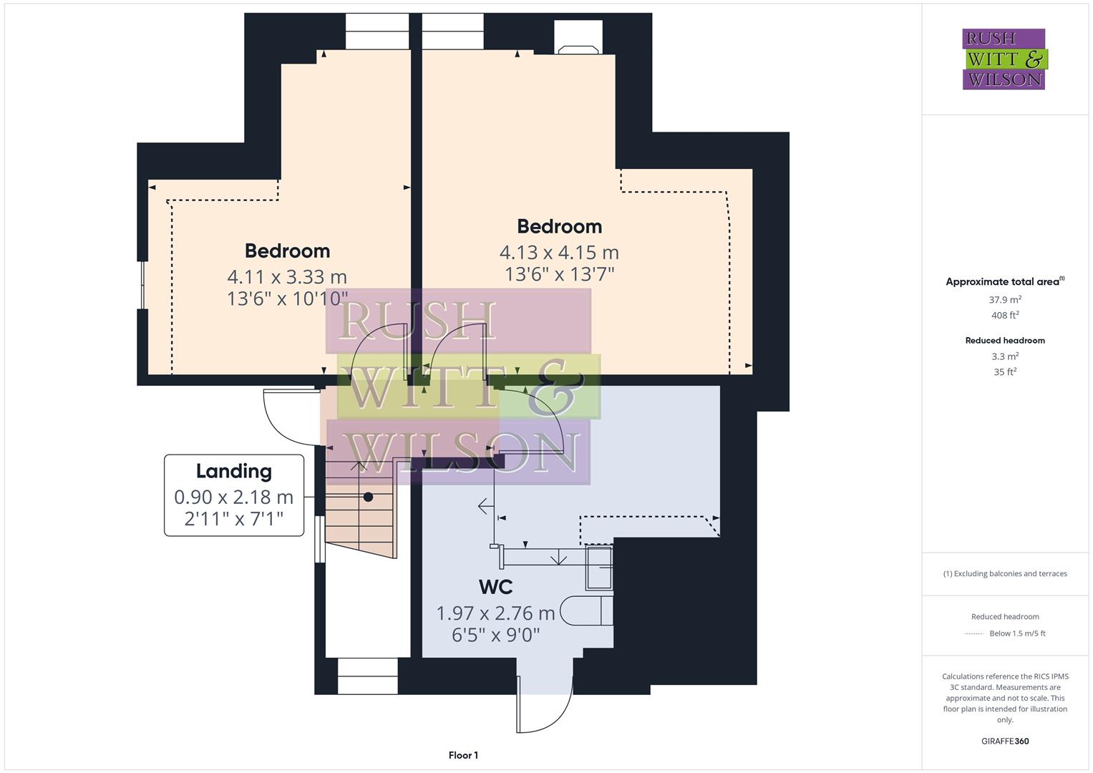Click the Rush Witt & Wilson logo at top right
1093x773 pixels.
(1004, 59)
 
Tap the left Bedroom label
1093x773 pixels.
(287, 251)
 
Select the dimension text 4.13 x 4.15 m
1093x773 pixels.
(559, 253)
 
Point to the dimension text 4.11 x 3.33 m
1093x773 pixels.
(287, 277)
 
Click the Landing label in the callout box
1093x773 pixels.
(234, 471)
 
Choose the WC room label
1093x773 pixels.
(495, 587)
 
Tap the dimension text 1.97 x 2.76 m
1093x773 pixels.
(495, 613)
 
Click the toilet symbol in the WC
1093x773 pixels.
(586, 611)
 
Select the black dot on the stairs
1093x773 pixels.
(368, 497)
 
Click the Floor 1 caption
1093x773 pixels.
(463, 755)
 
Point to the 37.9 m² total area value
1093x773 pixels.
(1005, 300)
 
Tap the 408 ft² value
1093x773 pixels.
(1005, 315)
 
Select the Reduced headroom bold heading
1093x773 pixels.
(1005, 341)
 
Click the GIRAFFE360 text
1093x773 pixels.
(1005, 741)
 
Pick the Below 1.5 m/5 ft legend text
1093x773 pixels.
(1017, 633)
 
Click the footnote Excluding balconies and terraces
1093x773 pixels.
(1005, 573)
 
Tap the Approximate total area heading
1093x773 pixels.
(1004, 282)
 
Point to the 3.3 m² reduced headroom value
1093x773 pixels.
(1005, 356)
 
